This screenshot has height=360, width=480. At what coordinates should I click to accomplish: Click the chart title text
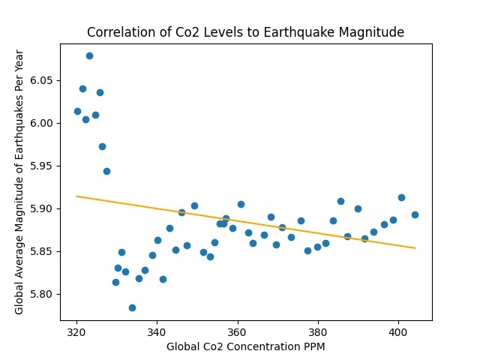click(x=245, y=32)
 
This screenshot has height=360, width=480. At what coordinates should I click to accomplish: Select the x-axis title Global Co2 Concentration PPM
click(x=245, y=346)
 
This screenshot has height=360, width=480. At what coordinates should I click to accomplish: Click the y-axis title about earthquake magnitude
click(x=20, y=181)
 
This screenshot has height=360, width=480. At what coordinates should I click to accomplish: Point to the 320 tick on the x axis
click(x=76, y=330)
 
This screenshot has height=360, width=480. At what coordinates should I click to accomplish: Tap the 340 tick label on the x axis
click(x=157, y=330)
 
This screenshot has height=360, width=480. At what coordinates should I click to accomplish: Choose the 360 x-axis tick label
click(x=237, y=330)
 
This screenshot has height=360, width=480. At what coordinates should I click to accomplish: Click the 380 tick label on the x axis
click(x=317, y=330)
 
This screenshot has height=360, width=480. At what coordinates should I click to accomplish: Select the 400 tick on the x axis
click(x=397, y=330)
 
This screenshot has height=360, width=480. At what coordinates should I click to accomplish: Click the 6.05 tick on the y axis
click(x=40, y=80)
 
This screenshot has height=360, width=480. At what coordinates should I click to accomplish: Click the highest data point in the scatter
click(x=89, y=55)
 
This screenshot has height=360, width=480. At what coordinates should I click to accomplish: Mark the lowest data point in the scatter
click(x=132, y=307)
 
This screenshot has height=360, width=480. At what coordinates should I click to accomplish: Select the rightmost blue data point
click(x=415, y=214)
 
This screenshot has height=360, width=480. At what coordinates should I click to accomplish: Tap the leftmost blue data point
click(x=77, y=111)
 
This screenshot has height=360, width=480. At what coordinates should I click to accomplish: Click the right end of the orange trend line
click(x=415, y=248)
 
